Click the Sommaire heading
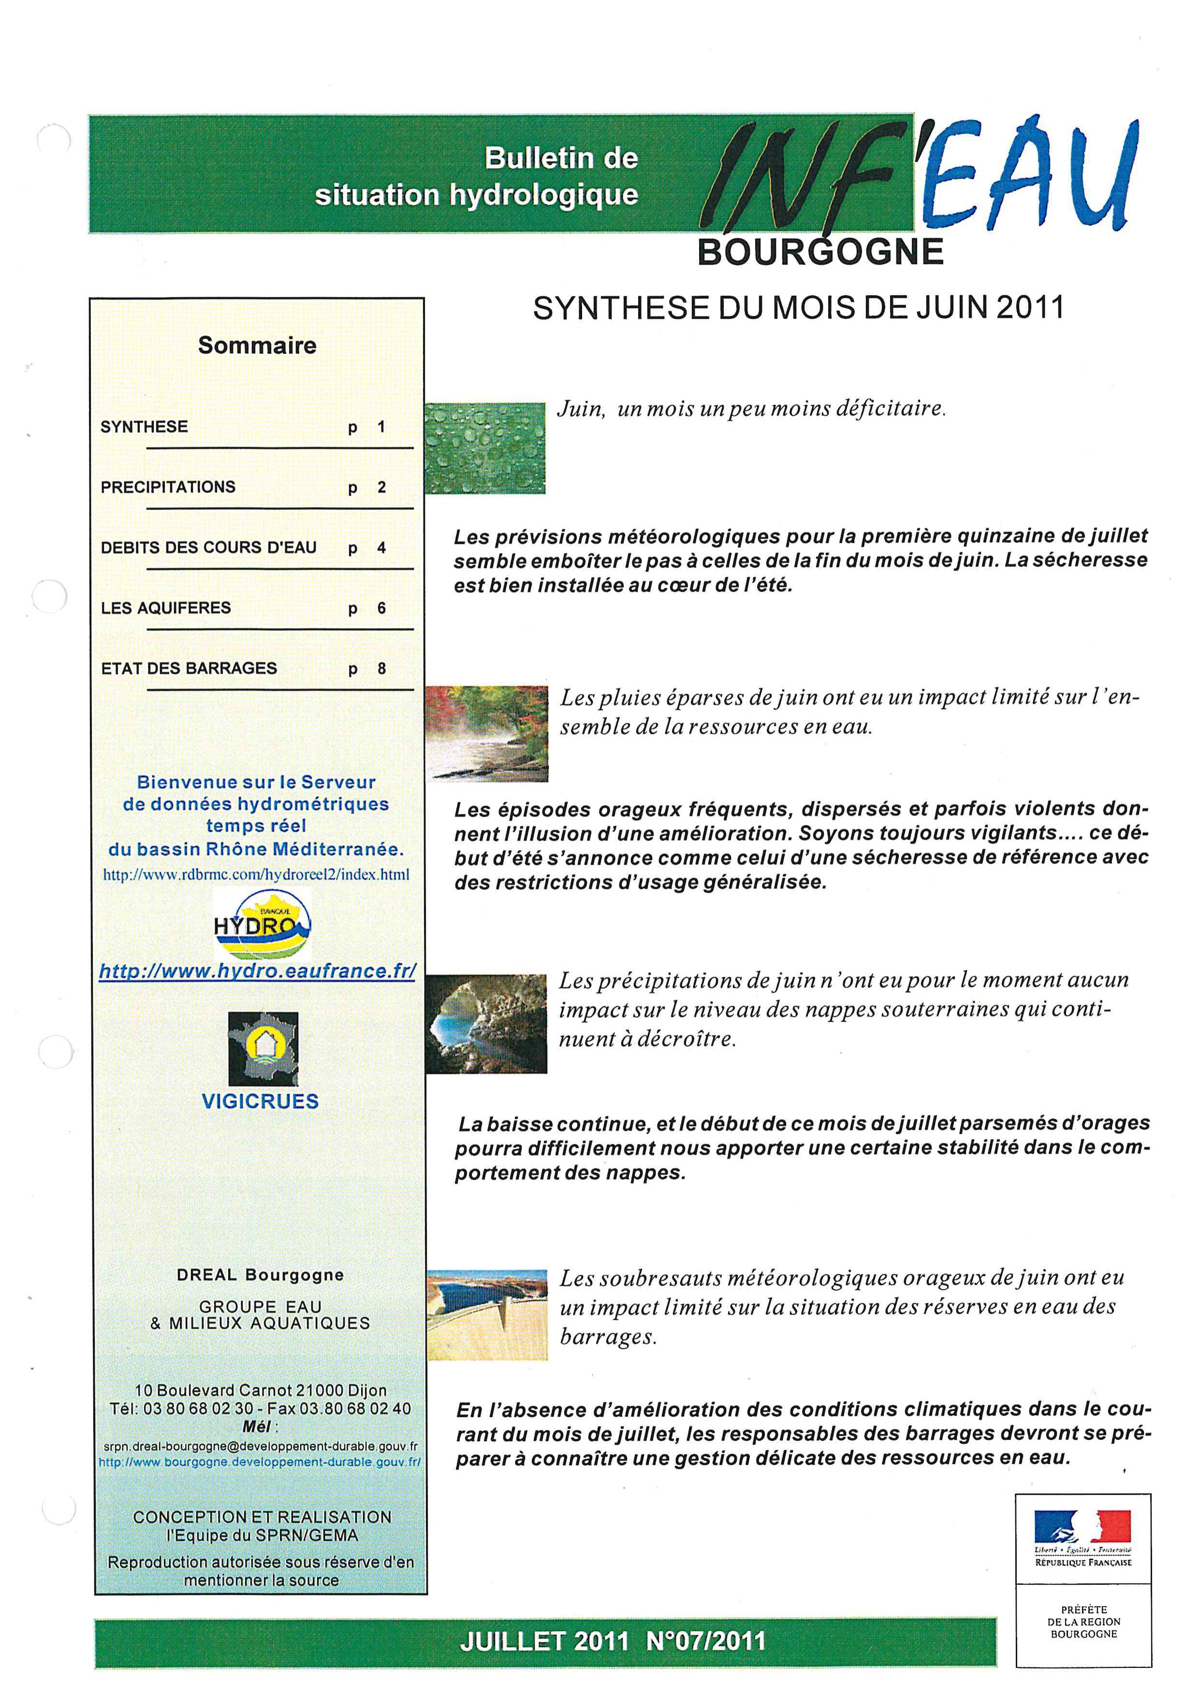pyautogui.click(x=257, y=346)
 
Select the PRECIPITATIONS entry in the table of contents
pyautogui.click(x=168, y=487)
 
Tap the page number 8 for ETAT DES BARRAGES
pyautogui.click(x=382, y=669)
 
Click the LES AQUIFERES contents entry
pyautogui.click(x=166, y=608)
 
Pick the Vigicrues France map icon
pyautogui.click(x=263, y=1049)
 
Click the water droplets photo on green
pyautogui.click(x=485, y=448)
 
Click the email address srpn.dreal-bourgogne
pyautogui.click(x=260, y=1446)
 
